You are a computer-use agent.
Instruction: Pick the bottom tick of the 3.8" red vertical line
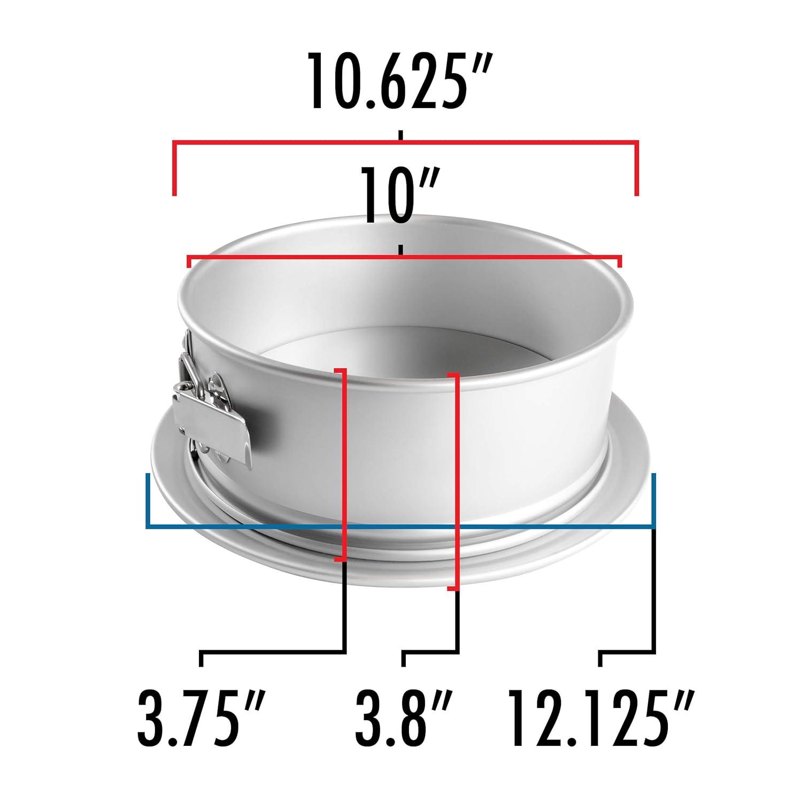(x=452, y=589)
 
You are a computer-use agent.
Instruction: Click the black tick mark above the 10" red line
(x=401, y=250)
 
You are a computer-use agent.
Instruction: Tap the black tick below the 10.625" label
(x=401, y=134)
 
